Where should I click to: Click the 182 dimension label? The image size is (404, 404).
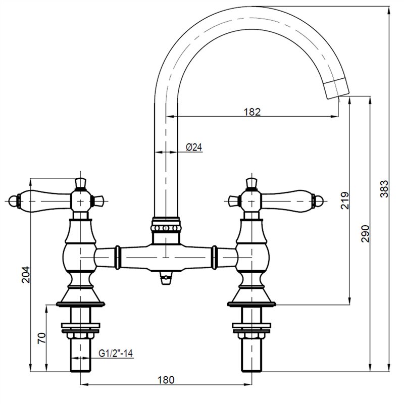coord(252,112)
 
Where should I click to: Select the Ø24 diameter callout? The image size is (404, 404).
coord(194,147)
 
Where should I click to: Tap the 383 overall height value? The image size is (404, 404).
coord(384,188)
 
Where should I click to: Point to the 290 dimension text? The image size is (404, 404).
coord(365,234)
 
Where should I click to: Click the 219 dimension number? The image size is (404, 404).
coord(345,200)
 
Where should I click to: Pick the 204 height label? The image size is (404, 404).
coord(26,275)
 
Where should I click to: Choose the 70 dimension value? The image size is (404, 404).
coord(41,338)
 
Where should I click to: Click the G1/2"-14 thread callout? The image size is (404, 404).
coord(116,353)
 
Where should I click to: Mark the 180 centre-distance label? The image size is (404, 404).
coord(166,380)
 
